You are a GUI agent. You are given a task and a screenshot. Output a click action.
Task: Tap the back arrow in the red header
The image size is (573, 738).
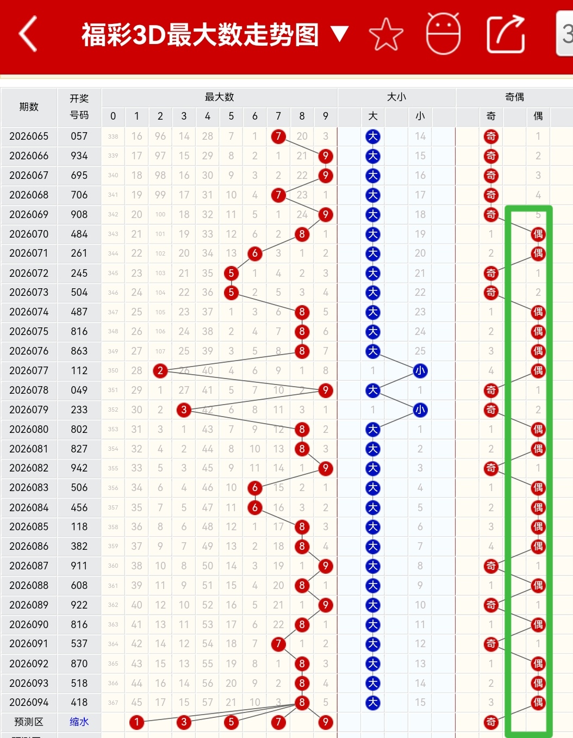click(28, 34)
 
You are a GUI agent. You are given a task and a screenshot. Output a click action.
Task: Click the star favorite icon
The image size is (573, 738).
click(386, 34)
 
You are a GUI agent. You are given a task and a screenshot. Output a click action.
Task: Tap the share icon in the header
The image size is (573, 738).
click(506, 34)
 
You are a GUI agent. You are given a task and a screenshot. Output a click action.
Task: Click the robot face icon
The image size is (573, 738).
click(443, 34)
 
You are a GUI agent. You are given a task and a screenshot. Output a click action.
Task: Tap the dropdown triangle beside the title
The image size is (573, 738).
click(340, 34)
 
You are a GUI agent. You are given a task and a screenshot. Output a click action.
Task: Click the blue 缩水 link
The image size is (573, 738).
click(79, 722)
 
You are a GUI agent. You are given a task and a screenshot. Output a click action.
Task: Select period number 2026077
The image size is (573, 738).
click(29, 370)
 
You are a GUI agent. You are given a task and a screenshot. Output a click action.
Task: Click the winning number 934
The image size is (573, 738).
click(79, 156)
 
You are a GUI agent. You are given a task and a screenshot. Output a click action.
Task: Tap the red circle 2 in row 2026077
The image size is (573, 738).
click(160, 370)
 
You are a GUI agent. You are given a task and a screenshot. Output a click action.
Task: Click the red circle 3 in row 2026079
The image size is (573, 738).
click(184, 410)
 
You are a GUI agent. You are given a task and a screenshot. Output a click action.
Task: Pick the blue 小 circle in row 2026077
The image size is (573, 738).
click(420, 370)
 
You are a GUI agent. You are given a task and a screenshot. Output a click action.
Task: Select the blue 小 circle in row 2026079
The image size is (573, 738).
click(420, 410)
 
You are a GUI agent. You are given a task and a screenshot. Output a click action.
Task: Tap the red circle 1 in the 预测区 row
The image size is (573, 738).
click(136, 722)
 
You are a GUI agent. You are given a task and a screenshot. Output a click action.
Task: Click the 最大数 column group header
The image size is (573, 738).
click(219, 97)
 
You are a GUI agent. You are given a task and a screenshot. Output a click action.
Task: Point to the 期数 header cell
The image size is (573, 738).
click(29, 107)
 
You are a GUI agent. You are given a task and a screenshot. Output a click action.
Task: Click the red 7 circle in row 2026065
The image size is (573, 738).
click(278, 136)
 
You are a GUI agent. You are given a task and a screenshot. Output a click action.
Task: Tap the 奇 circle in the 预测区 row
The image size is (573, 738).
click(491, 722)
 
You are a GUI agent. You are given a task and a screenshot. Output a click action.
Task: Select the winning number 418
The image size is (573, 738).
click(79, 702)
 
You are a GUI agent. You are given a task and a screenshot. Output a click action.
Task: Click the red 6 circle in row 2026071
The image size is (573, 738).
click(254, 253)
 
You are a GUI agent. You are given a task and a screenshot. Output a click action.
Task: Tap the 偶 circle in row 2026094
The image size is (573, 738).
click(538, 702)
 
